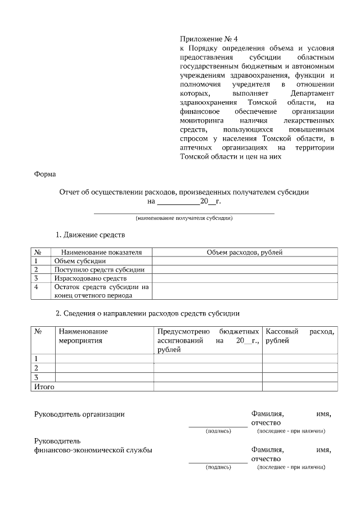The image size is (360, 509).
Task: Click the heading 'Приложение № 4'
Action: pyautogui.click(x=209, y=39)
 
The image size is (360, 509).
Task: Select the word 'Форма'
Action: pyautogui.click(x=46, y=174)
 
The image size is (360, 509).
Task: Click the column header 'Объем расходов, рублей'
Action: pyautogui.click(x=245, y=253)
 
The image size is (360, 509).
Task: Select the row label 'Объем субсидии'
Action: pyautogui.click(x=80, y=261)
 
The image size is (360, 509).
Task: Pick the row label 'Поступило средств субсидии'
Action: pyautogui.click(x=99, y=269)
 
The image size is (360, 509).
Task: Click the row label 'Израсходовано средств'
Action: pyautogui.click(x=90, y=278)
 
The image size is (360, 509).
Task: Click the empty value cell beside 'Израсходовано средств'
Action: pyautogui.click(x=245, y=278)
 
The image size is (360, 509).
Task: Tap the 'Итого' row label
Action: pyautogui.click(x=44, y=386)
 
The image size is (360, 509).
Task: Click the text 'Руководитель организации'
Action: pyautogui.click(x=79, y=414)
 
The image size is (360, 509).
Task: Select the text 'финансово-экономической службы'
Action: pyautogui.click(x=93, y=449)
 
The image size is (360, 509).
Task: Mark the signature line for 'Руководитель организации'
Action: pyautogui.click(x=218, y=426)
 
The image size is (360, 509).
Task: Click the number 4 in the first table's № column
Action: pyautogui.click(x=37, y=287)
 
